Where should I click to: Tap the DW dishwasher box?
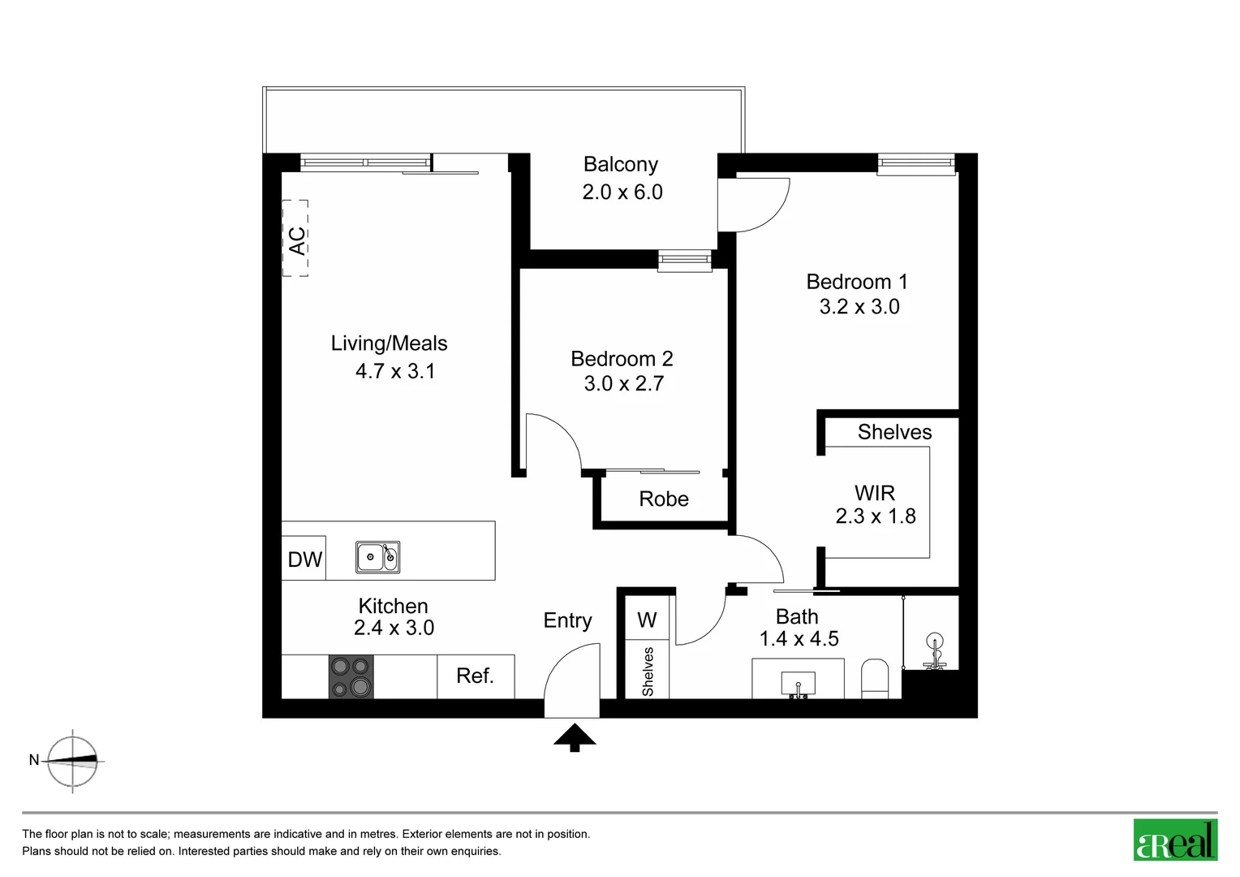click(x=304, y=559)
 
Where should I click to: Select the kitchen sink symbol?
click(x=377, y=557)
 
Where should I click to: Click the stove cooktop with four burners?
click(x=351, y=676)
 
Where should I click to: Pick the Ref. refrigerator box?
click(x=476, y=676)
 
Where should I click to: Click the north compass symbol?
click(x=72, y=761)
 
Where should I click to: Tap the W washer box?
click(x=647, y=620)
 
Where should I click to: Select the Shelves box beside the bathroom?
click(x=648, y=671)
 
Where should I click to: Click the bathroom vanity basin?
click(x=798, y=683)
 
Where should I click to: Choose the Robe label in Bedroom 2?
click(x=664, y=499)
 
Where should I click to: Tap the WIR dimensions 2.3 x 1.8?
click(x=876, y=516)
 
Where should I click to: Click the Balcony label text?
click(x=621, y=164)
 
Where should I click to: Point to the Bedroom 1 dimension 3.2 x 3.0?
click(x=859, y=307)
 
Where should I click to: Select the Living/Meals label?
click(x=389, y=343)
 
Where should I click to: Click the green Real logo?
click(x=1175, y=840)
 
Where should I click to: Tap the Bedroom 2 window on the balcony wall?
click(x=684, y=260)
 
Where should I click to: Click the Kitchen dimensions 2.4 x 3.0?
click(x=394, y=628)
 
